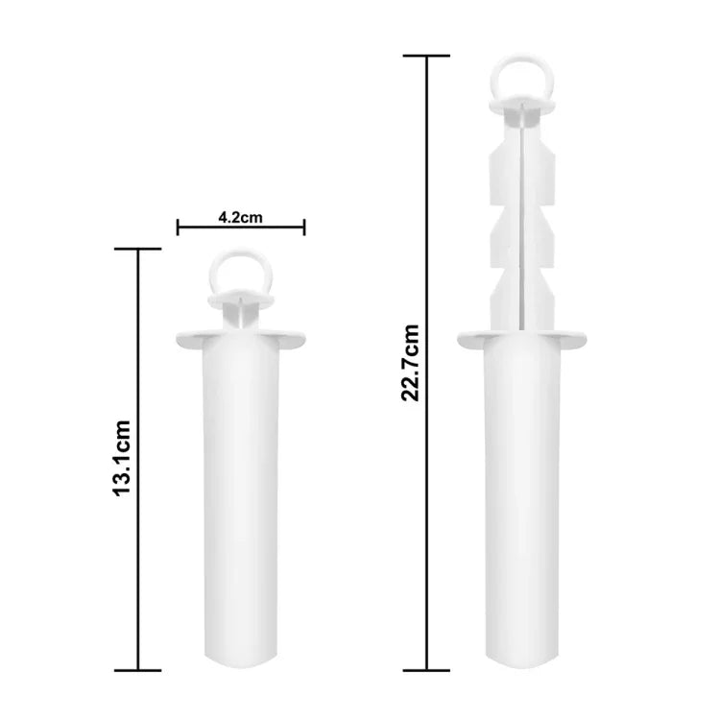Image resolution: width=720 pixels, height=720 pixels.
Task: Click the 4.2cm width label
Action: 241,217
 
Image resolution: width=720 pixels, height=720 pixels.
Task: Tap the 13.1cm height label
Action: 122,458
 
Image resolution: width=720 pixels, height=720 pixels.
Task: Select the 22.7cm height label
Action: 410,363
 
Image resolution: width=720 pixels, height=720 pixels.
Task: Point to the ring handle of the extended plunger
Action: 521,78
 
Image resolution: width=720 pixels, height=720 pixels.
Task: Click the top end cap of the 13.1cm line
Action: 137,249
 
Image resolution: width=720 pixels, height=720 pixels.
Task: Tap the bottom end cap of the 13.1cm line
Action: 137,670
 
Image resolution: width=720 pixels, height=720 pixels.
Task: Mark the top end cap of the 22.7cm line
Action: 426,56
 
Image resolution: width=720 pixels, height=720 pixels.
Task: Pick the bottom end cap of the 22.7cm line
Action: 426,670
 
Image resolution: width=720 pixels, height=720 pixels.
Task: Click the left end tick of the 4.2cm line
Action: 178,228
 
